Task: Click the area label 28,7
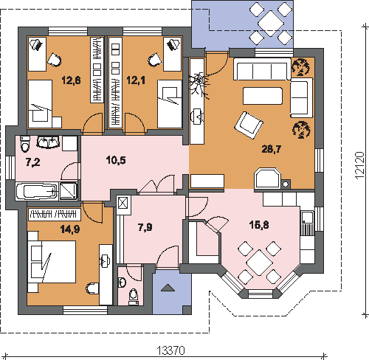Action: coord(272,149)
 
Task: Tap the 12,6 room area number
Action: coord(71,80)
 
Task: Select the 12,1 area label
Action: coord(136,80)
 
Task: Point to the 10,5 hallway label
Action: coord(116,160)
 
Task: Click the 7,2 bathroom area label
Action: coord(33,162)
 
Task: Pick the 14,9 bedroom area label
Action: coord(70,229)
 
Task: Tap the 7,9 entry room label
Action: coord(145,227)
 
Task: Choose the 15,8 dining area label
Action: coord(259,225)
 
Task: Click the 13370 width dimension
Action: coord(170,350)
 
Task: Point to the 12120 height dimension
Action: coord(359,165)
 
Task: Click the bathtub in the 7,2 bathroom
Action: coord(37,191)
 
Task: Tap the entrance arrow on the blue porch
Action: coord(168,288)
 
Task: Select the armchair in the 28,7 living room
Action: coord(249,125)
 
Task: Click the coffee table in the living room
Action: coord(263,96)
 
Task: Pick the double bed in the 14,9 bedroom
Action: coord(52,262)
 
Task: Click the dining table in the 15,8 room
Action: coord(259,263)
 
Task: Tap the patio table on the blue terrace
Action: coord(271,24)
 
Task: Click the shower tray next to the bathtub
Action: coord(69,191)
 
